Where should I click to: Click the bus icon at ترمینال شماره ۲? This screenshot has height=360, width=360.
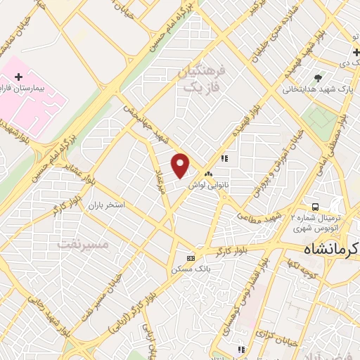point(316,207)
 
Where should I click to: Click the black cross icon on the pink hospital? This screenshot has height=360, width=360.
point(18,76)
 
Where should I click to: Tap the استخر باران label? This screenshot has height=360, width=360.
point(105,205)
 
